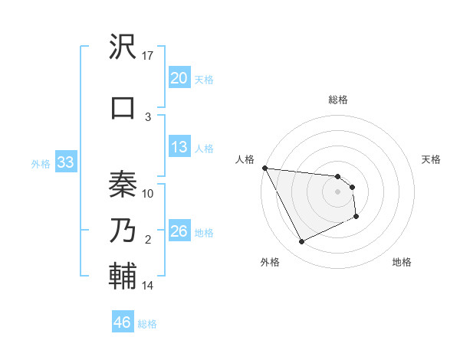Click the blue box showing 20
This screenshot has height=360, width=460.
pyautogui.click(x=179, y=78)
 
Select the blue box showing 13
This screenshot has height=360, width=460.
pyautogui.click(x=179, y=147)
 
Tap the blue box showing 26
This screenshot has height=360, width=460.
pyautogui.click(x=179, y=231)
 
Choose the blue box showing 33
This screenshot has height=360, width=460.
pyautogui.click(x=66, y=162)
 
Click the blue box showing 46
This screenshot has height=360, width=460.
pyautogui.click(x=123, y=322)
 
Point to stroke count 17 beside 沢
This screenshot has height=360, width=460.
pyautogui.click(x=148, y=55)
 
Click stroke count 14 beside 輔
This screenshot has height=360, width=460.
pyautogui.click(x=148, y=286)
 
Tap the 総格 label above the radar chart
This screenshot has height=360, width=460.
pyautogui.click(x=338, y=100)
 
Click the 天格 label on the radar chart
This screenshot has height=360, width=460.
pyautogui.click(x=432, y=159)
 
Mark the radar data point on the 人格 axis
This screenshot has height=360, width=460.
pyautogui.click(x=264, y=168)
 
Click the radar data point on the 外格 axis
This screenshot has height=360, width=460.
pyautogui.click(x=301, y=242)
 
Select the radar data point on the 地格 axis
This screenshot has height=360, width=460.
pyautogui.click(x=356, y=217)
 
